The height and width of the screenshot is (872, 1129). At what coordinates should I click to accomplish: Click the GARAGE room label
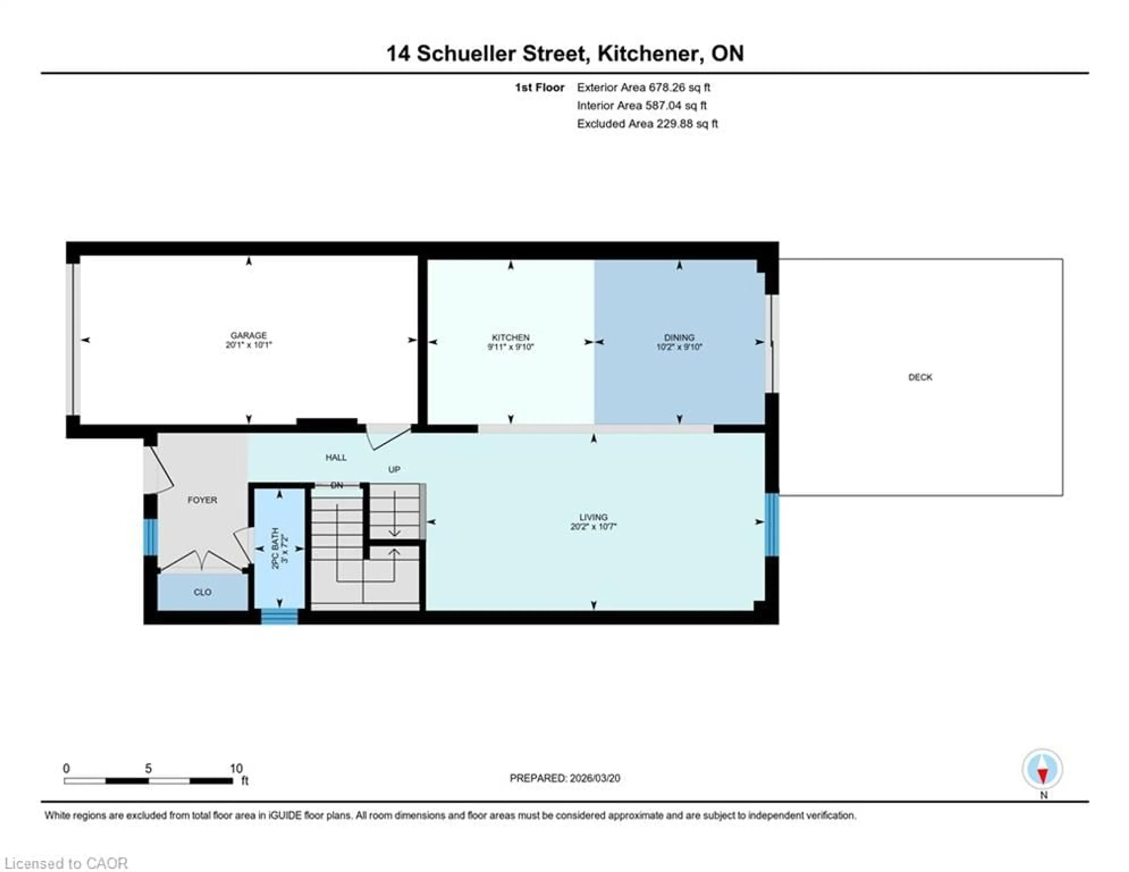[249, 335]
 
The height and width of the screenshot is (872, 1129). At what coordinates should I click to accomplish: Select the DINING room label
[679, 337]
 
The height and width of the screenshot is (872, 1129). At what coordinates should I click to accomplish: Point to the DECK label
[920, 377]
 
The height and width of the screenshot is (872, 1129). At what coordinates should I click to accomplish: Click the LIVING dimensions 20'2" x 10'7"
[593, 527]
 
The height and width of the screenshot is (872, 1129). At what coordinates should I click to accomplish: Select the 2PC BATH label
[275, 548]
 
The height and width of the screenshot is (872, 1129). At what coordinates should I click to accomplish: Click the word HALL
[336, 457]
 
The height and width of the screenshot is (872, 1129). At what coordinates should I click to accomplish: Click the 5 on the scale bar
[148, 768]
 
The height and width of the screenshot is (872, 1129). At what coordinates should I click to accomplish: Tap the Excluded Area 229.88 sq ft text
[647, 124]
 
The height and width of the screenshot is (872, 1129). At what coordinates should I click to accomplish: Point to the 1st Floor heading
[539, 87]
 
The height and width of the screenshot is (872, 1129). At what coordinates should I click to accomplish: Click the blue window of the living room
[771, 525]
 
